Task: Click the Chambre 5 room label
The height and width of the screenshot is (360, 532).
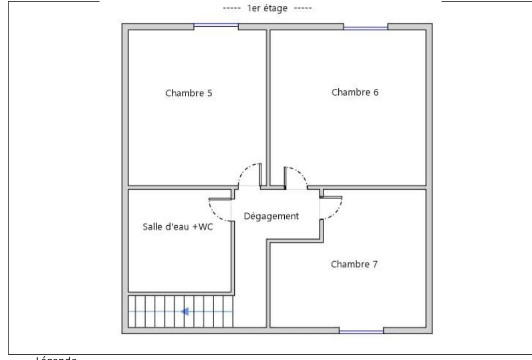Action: [188, 93]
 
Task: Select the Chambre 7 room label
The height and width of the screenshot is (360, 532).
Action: [354, 264]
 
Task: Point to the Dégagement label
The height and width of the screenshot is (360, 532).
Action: [271, 216]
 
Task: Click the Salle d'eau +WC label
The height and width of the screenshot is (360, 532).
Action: [178, 226]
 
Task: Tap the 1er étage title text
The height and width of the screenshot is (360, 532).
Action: [266, 8]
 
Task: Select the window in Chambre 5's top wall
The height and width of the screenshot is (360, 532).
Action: [216, 25]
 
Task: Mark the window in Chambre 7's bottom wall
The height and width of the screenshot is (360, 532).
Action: [361, 332]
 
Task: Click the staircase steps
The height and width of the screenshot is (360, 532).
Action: [180, 311]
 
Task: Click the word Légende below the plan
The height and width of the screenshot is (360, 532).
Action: [56, 358]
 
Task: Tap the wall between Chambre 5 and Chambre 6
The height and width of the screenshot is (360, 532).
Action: [268, 107]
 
